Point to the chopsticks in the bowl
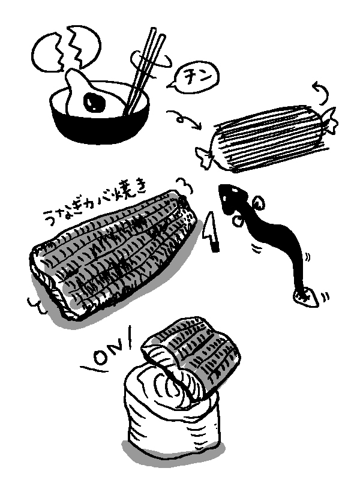click(x=143, y=72)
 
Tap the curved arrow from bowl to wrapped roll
click(x=184, y=119)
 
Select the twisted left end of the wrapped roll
click(x=205, y=157)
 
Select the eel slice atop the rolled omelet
click(x=193, y=355)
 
